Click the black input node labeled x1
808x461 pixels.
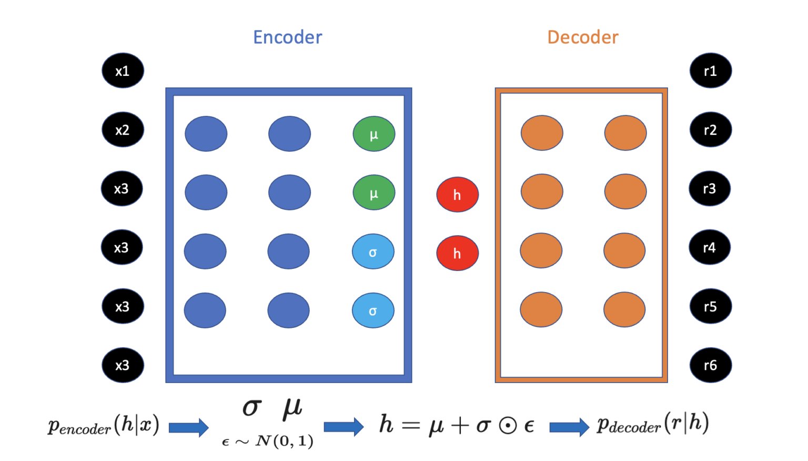pyautogui.click(x=123, y=71)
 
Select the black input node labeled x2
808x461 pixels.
pyautogui.click(x=123, y=129)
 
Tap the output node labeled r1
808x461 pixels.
pyautogui.click(x=710, y=71)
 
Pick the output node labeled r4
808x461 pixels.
pyautogui.click(x=709, y=247)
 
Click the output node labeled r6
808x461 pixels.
pyautogui.click(x=710, y=365)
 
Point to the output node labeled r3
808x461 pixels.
pyautogui.click(x=709, y=188)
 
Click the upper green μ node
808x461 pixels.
pyautogui.click(x=373, y=134)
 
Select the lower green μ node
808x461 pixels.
pyautogui.click(x=373, y=193)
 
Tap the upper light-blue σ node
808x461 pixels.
pyautogui.click(x=373, y=252)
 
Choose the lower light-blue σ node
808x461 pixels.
pyautogui.click(x=373, y=310)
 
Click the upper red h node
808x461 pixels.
pyautogui.click(x=457, y=195)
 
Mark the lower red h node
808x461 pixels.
pyautogui.click(x=457, y=253)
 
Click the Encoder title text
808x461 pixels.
pyautogui.click(x=287, y=37)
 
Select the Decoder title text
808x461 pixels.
pyautogui.click(x=582, y=37)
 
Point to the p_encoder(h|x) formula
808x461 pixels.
pyautogui.click(x=104, y=425)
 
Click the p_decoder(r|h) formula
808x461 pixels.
pyautogui.click(x=653, y=424)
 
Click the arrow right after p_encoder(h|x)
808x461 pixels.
pyautogui.click(x=188, y=427)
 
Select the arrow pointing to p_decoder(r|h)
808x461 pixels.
pyautogui.click(x=569, y=427)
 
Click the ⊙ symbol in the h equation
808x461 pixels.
pyautogui.click(x=508, y=426)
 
